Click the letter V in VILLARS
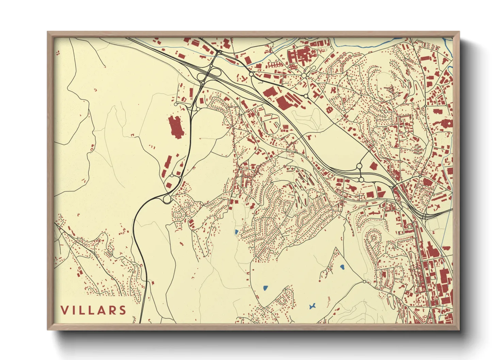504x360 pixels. (65, 310)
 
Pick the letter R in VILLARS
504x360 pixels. (114, 310)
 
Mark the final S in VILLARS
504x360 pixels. (123, 310)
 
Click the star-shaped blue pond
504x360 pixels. (312, 306)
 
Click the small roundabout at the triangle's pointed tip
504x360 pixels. (364, 282)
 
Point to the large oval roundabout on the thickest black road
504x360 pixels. (167, 199)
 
